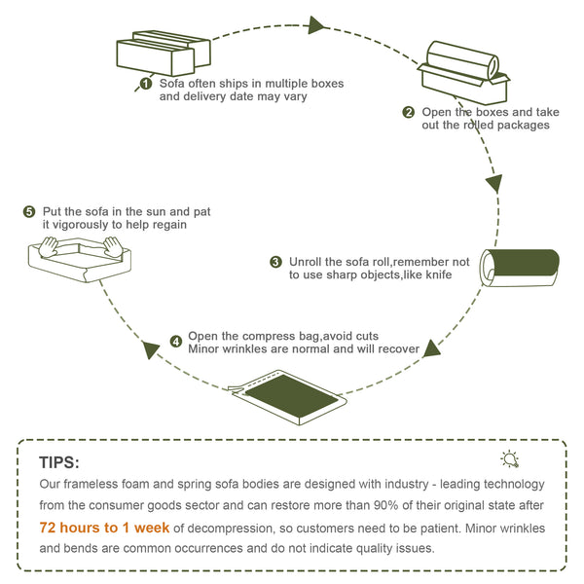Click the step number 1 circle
click(x=146, y=84)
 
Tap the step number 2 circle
click(x=409, y=112)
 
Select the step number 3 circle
click(x=276, y=262)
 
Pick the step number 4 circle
click(x=175, y=341)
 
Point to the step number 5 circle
click(x=29, y=211)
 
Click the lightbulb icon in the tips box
click(x=509, y=460)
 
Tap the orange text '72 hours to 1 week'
click(x=104, y=528)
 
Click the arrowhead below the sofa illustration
click(x=150, y=347)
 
